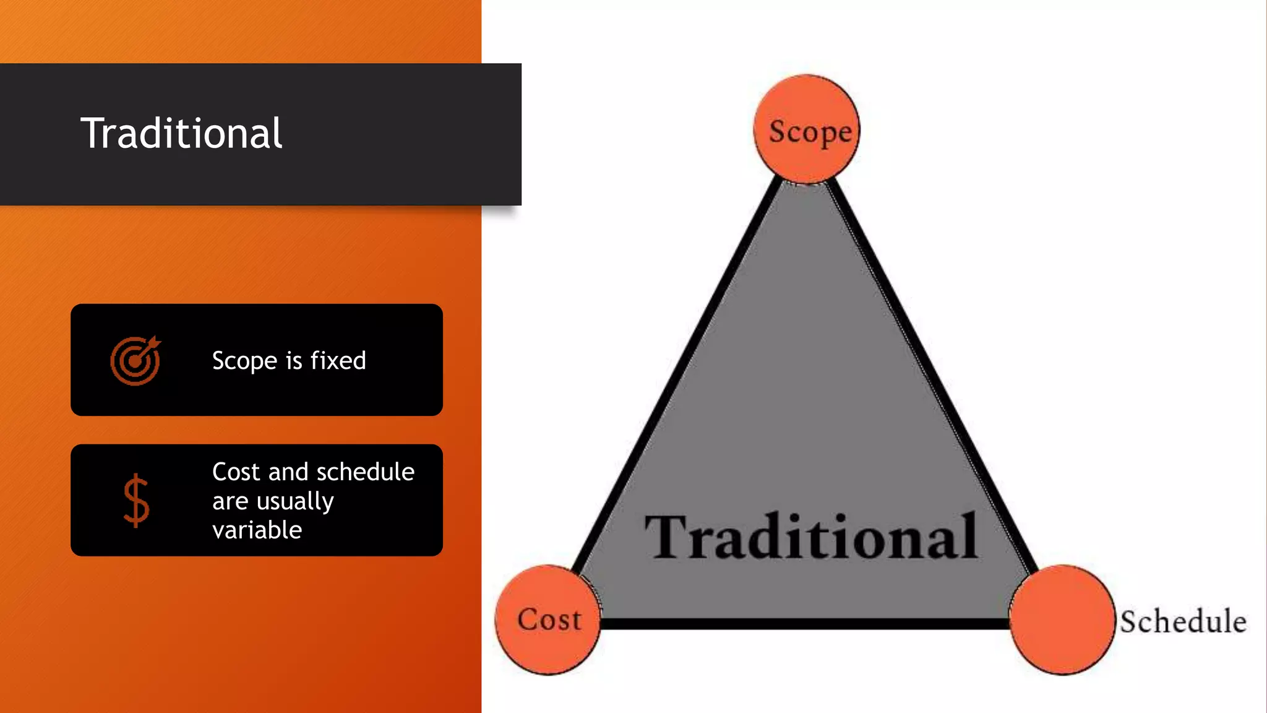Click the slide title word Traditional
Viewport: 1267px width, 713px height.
181,134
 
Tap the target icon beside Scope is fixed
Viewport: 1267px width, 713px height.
135,361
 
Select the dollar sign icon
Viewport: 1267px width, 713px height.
136,501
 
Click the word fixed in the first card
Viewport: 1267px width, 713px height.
338,360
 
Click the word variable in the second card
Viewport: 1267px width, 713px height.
257,530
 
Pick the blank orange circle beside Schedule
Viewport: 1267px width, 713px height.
1062,620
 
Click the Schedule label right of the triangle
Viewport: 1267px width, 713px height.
1183,621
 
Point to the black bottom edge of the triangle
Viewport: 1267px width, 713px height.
804,624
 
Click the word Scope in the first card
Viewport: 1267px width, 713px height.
244,361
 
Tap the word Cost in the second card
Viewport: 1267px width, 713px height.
236,472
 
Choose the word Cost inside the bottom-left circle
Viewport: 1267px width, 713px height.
549,620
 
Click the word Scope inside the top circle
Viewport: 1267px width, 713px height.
810,132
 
